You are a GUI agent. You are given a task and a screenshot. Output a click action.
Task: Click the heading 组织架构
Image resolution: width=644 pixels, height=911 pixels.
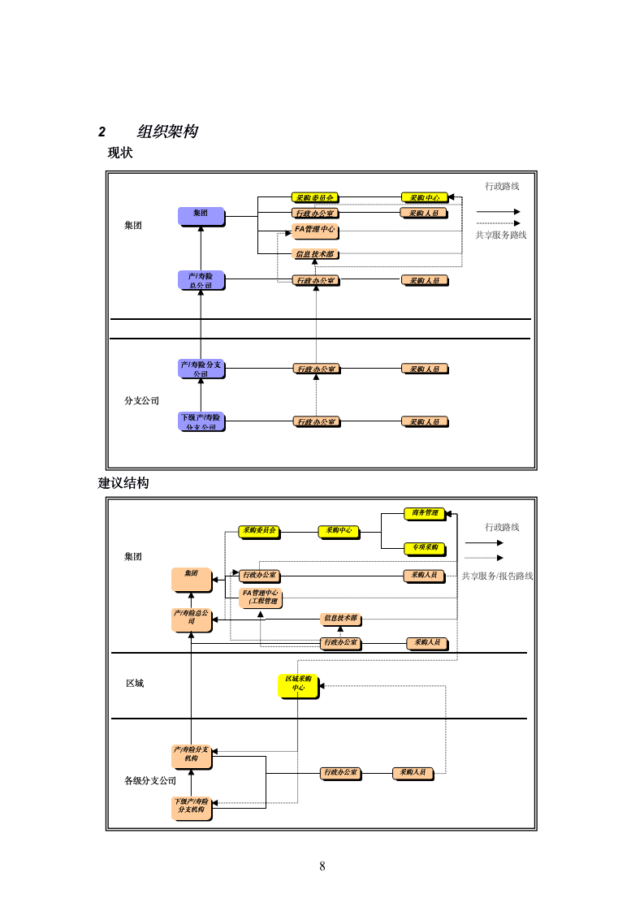[167, 132]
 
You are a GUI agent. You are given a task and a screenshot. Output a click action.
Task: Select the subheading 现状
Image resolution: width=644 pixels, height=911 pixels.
[120, 153]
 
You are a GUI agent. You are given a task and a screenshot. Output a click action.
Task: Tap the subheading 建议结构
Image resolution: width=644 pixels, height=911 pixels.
[123, 483]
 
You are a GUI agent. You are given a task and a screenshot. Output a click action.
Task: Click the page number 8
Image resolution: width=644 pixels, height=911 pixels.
[322, 866]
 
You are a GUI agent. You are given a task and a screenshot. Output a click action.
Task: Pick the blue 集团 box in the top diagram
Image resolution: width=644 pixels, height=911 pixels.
[201, 216]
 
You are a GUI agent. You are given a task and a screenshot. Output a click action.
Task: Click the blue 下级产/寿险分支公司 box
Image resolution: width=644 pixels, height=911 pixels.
[201, 421]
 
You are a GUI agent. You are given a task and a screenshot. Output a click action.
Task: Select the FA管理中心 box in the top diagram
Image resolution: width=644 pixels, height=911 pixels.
[314, 231]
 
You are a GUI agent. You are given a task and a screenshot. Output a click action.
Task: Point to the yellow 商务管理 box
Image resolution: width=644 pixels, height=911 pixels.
[425, 513]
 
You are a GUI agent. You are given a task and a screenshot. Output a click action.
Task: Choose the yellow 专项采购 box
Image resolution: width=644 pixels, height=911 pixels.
[425, 548]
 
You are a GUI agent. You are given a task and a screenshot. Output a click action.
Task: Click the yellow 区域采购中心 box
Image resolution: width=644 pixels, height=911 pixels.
[298, 685]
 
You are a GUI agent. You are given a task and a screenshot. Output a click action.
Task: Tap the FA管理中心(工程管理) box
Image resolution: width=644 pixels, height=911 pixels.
[261, 598]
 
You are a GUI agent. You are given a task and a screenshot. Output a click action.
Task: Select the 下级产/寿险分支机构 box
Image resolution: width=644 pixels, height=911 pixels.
[192, 808]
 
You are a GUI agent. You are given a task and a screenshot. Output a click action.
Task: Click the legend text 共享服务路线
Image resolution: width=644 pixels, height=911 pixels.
[501, 235]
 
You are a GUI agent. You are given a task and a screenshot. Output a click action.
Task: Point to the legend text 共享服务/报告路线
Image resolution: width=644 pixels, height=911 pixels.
[497, 576]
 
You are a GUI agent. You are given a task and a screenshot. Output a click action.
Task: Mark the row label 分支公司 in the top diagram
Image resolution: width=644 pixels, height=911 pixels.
[141, 401]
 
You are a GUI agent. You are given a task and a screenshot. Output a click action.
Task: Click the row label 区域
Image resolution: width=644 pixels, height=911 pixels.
[134, 684]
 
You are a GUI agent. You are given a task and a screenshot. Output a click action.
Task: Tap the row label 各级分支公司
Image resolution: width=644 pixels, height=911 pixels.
[150, 781]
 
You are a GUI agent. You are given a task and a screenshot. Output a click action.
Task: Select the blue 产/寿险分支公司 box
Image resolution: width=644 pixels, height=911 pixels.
[201, 369]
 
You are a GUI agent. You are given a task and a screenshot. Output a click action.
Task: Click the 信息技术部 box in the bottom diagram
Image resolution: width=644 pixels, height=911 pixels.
[341, 619]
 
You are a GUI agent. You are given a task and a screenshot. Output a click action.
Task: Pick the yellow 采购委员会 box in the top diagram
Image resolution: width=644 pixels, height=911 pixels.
[314, 197]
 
